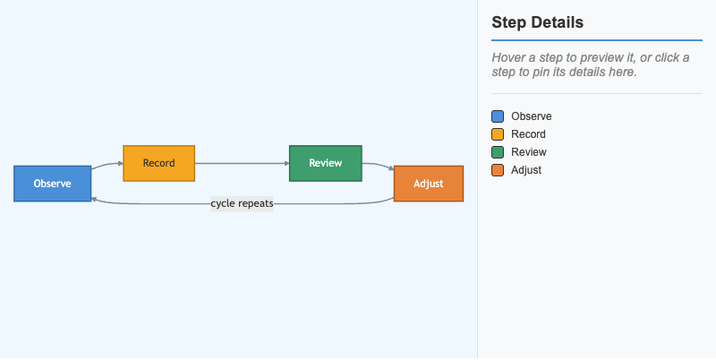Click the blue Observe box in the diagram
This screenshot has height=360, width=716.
pyautogui.click(x=53, y=184)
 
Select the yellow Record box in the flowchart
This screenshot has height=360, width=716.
pyautogui.click(x=159, y=164)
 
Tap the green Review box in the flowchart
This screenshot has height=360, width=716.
pyautogui.click(x=326, y=164)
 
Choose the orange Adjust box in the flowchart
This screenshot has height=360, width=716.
pyautogui.click(x=429, y=184)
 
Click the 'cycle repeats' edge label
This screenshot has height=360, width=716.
pyautogui.click(x=242, y=203)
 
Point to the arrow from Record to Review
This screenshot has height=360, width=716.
pyautogui.click(x=242, y=164)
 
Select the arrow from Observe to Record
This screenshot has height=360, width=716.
pyautogui.click(x=107, y=165)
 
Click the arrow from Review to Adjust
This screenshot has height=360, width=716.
pyautogui.click(x=379, y=166)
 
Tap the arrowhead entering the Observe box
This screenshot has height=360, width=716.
pyautogui.click(x=94, y=200)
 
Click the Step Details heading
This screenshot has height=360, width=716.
pyautogui.click(x=538, y=22)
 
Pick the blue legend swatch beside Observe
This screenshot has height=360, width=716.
pyautogui.click(x=498, y=116)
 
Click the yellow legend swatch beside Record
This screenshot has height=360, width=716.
pyautogui.click(x=498, y=134)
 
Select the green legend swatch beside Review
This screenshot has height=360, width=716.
pyautogui.click(x=498, y=152)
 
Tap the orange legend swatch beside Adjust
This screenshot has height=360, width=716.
pyautogui.click(x=498, y=170)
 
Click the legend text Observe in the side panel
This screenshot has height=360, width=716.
pyautogui.click(x=532, y=116)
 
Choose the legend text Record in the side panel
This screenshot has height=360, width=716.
pyautogui.click(x=528, y=134)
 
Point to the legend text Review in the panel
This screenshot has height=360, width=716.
pyautogui.click(x=529, y=152)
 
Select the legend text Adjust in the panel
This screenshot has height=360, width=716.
pyautogui.click(x=526, y=170)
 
